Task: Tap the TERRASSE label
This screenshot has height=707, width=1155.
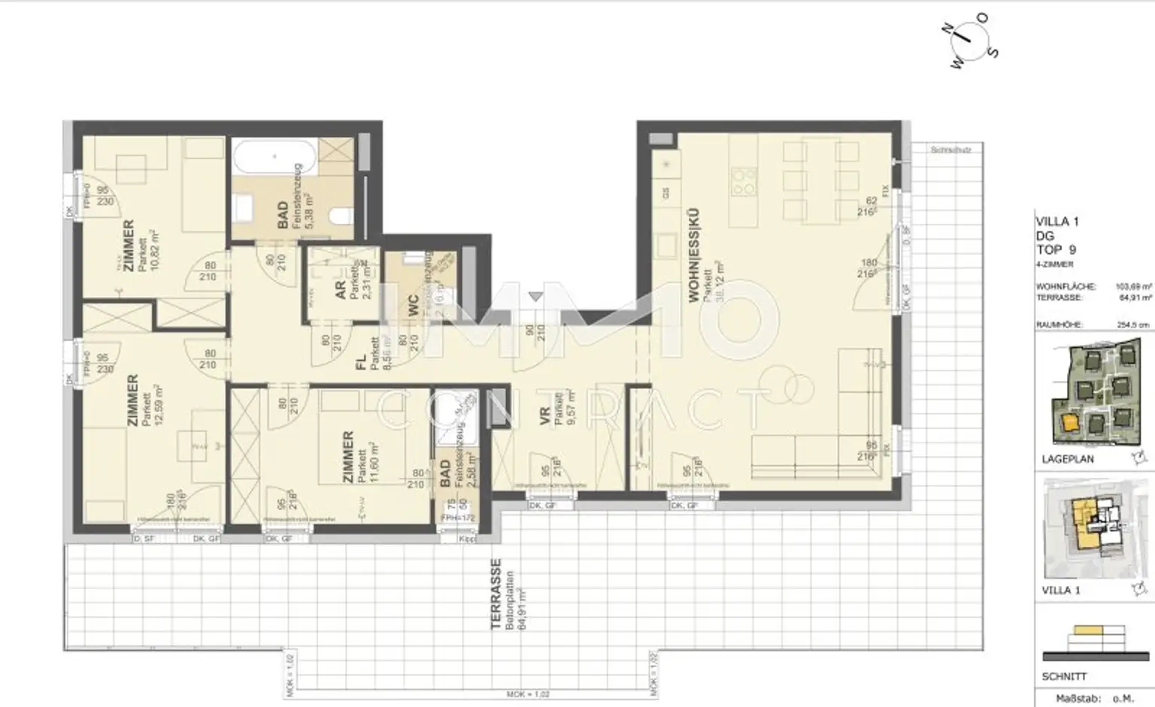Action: [496, 594]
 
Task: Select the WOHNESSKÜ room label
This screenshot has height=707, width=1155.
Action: [694, 255]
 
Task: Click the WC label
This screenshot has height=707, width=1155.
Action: [413, 305]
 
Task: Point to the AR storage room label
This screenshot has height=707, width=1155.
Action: [340, 291]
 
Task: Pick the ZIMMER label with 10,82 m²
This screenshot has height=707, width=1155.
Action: [129, 246]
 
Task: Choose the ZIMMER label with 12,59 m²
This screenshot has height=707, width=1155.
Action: [132, 400]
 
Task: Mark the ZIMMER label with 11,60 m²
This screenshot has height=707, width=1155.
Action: [347, 457]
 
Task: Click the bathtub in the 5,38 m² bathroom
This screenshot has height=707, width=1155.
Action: [274, 158]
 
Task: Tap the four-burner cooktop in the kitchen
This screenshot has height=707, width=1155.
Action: [744, 180]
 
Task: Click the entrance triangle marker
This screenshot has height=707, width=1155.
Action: [535, 297]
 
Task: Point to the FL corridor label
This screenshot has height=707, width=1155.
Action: [360, 362]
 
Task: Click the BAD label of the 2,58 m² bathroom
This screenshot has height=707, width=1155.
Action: [444, 474]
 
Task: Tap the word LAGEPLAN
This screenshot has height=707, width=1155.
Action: [1068, 458]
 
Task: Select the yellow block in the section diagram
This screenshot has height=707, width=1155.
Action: [1088, 630]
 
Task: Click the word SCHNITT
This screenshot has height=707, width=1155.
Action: [1064, 676]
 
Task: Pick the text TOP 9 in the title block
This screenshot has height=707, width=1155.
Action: [1056, 249]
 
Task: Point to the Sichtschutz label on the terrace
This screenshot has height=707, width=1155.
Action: [950, 150]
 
